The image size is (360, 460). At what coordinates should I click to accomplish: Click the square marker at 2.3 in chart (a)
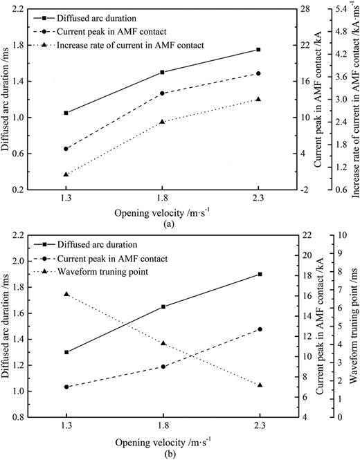[x=258, y=50]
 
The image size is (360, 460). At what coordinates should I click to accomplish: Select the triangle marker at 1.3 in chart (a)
[x=66, y=174]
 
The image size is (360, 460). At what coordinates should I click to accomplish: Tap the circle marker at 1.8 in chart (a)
[x=162, y=93]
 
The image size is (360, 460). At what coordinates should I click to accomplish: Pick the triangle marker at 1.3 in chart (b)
[x=66, y=294]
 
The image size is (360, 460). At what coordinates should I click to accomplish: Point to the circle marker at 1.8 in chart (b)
[x=163, y=367]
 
